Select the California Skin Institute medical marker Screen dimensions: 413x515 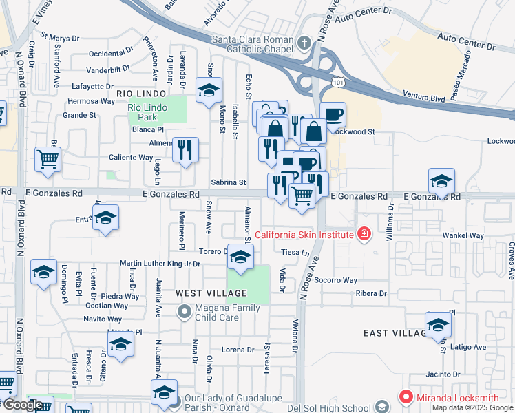coord(364,235)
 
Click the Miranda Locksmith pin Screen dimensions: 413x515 coord(406,397)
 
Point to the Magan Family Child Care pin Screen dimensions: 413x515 coord(183,313)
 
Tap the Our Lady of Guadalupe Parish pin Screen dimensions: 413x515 coord(176,401)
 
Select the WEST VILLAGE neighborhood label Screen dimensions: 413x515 coord(208,293)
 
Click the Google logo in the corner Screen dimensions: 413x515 coord(23,405)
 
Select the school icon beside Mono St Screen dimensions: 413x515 coord(209,90)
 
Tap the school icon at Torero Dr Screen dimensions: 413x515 coord(240,257)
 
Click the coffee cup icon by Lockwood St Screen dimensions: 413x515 coord(333,114)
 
